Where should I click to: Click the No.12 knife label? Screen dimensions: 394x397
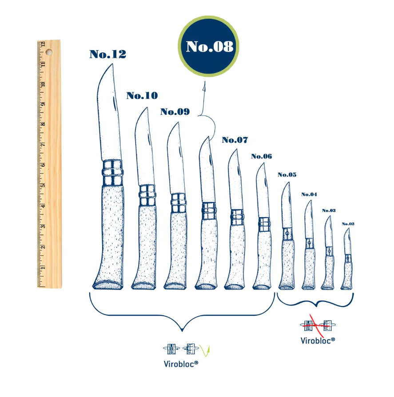click(107, 54)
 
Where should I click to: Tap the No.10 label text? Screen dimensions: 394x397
click(142, 95)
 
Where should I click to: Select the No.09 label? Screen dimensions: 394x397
click(175, 111)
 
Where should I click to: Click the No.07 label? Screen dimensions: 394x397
click(235, 140)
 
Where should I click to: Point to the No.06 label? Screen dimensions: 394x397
click(262, 156)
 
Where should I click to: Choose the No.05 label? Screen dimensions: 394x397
click(287, 175)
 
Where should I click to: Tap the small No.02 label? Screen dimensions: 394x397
click(348, 224)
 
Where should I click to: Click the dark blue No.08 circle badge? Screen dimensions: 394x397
click(209, 46)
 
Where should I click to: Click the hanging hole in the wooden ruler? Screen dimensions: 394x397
click(49, 52)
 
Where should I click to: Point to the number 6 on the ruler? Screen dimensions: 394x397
click(43, 165)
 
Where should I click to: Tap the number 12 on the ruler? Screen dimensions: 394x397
click(43, 44)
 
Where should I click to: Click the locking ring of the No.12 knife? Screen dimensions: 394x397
click(112, 173)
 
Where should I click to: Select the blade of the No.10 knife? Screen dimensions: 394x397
click(145, 147)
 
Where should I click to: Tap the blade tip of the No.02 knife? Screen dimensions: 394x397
click(349, 228)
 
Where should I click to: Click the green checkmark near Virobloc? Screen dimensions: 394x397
click(205, 350)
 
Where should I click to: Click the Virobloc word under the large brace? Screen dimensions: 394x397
click(181, 364)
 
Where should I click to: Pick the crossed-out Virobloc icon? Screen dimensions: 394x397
click(318, 325)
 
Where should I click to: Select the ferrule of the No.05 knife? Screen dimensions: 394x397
click(288, 233)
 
